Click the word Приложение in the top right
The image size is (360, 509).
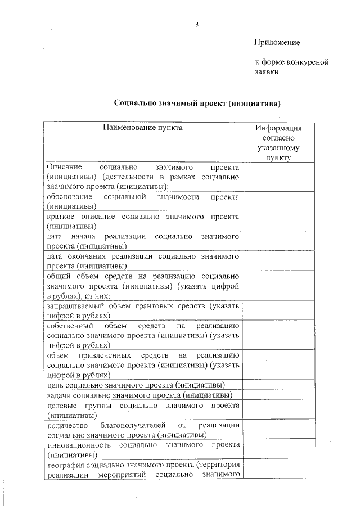[277, 42]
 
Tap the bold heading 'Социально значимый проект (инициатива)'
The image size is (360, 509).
[197, 103]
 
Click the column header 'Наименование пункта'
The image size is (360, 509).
[142, 128]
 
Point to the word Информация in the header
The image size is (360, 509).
[278, 128]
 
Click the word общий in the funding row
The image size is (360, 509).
[60, 276]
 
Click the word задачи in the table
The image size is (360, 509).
[59, 395]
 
